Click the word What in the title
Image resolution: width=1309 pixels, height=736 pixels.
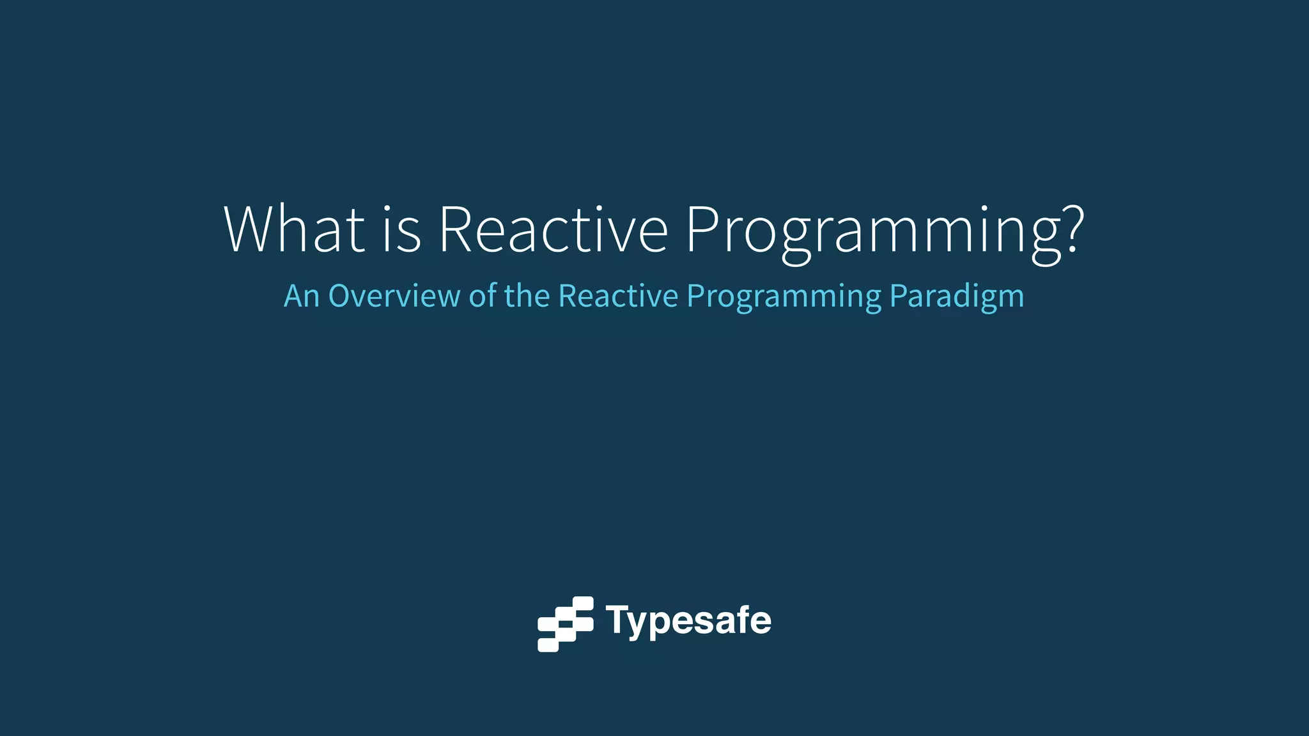click(x=294, y=230)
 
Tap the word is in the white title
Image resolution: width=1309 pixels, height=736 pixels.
click(x=402, y=230)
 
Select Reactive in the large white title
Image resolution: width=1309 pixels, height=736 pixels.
click(x=553, y=230)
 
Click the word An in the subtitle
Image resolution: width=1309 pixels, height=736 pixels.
click(x=301, y=296)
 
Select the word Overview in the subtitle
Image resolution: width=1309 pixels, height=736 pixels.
click(x=394, y=296)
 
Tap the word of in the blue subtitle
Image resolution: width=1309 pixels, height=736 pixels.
click(x=483, y=296)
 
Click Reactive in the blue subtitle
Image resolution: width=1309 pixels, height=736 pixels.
click(x=618, y=296)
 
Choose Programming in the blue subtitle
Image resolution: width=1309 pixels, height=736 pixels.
click(x=784, y=298)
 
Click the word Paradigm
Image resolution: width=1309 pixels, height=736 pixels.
click(x=957, y=298)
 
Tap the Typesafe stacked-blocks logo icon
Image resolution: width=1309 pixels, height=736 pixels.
click(x=566, y=624)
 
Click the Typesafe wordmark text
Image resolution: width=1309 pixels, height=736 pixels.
click(x=688, y=620)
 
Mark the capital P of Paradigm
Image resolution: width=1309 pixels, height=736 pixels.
click(x=897, y=296)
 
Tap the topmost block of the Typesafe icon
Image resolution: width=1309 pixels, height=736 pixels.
click(x=583, y=603)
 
